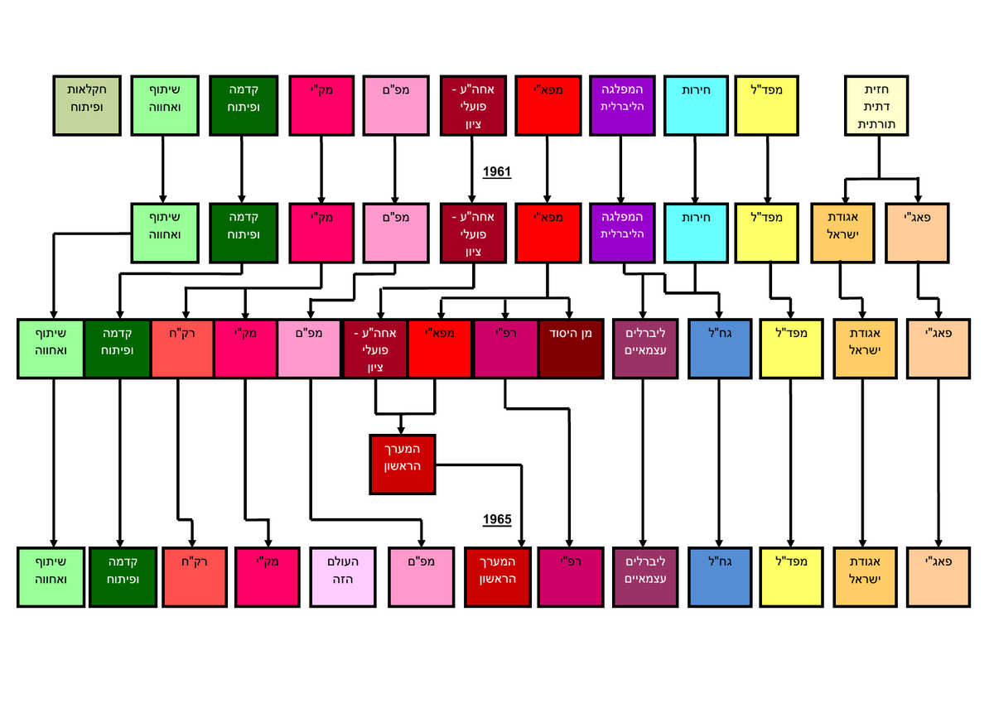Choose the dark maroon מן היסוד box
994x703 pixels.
point(570,349)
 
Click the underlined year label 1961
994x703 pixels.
point(497,172)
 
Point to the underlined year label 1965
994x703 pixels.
point(497,520)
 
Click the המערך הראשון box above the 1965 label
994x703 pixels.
point(402,464)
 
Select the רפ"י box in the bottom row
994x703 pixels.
point(570,576)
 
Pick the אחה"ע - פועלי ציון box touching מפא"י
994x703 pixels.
point(375,349)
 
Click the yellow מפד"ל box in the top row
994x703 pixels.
point(768,105)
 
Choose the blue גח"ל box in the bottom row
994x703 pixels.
point(719,576)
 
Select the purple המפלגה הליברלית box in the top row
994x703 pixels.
point(621,105)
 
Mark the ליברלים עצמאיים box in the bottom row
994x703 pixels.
point(644,576)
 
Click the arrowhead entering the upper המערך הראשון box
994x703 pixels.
point(402,428)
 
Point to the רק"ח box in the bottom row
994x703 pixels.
point(193,576)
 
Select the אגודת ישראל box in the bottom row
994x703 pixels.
point(863,576)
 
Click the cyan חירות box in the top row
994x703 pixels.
point(694,105)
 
